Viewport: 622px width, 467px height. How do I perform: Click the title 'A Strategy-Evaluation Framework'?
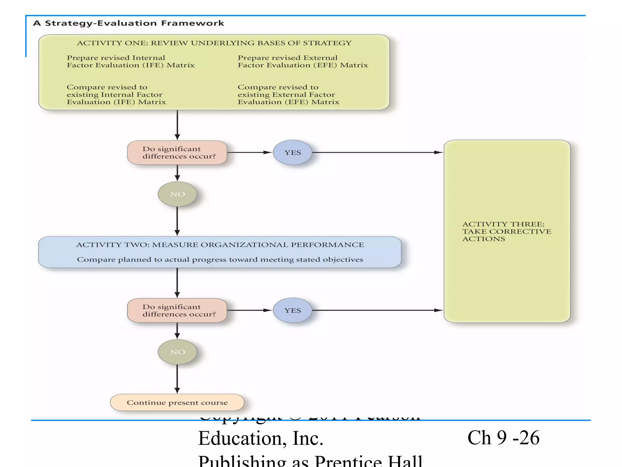tap(128, 23)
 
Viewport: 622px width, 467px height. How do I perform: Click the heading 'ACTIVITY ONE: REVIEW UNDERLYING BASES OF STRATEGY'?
tap(214, 43)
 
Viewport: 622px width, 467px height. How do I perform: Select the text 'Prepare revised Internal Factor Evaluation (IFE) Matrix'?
tap(131, 61)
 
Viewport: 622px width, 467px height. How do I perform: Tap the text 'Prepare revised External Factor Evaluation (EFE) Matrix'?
tap(302, 61)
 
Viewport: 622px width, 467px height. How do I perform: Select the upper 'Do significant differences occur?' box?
tap(177, 153)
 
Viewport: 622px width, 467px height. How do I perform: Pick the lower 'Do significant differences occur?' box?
tap(177, 310)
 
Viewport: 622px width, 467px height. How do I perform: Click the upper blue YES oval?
tap(292, 153)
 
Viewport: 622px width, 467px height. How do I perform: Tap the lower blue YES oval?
tap(292, 310)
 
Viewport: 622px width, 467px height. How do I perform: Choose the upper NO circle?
tap(177, 194)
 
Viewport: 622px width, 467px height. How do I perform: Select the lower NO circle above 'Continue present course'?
tap(177, 352)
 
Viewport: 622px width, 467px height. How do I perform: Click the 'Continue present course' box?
tap(177, 403)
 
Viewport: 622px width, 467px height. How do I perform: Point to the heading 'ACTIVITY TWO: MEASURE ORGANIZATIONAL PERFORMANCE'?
tap(220, 245)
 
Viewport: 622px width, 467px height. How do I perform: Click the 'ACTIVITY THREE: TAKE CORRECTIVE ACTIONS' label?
tap(507, 231)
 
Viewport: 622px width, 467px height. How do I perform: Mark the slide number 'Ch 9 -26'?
tap(503, 438)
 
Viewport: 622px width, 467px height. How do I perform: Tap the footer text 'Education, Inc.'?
tap(261, 438)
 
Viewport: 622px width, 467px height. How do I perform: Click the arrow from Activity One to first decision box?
tap(177, 125)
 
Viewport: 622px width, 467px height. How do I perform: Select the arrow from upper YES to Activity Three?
tap(377, 152)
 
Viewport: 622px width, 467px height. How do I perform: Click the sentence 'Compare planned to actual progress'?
tap(220, 260)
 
